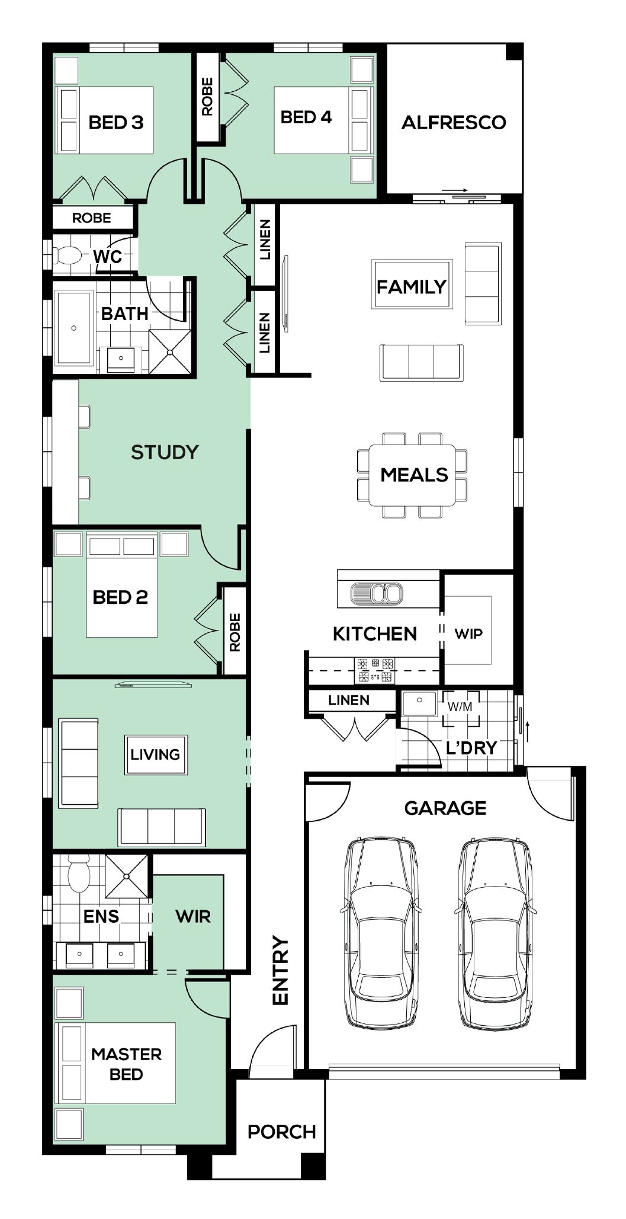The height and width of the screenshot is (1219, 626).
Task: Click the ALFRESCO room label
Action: [x=454, y=123]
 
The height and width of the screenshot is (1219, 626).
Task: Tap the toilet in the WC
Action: [x=66, y=255]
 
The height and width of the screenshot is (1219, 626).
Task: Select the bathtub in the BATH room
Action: [x=75, y=328]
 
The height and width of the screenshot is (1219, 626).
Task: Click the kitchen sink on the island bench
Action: [x=377, y=593]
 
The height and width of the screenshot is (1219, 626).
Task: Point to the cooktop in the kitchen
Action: [x=375, y=670]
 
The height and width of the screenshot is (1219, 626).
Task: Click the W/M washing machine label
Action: [x=460, y=707]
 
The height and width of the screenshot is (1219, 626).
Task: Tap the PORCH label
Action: [x=281, y=1132]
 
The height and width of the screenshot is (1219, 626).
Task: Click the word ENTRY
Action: [x=280, y=970]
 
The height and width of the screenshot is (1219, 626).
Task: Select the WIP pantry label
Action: [x=468, y=634]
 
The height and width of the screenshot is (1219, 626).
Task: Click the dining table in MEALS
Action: [x=412, y=475]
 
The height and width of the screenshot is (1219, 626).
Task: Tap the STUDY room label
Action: [x=165, y=452]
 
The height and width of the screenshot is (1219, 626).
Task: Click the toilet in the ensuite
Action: [x=78, y=874]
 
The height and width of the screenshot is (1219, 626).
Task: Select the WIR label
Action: [x=193, y=916]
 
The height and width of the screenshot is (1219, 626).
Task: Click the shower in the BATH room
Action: [x=170, y=352]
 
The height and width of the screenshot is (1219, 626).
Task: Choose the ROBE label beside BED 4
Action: [x=207, y=97]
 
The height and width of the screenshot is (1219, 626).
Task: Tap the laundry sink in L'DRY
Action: [x=419, y=703]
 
